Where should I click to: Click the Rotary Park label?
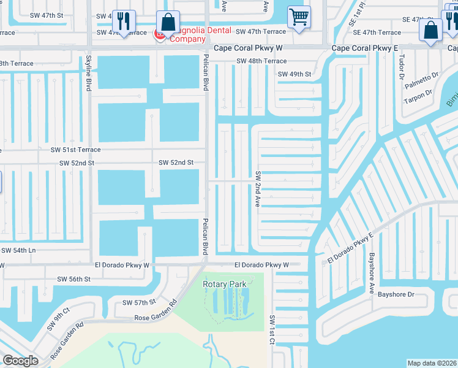(x=225, y=283)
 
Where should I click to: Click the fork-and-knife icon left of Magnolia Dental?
(x=124, y=22)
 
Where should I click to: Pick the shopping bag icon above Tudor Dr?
(x=431, y=28)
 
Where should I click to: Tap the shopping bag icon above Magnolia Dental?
(x=168, y=21)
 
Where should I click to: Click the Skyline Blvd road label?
(x=89, y=73)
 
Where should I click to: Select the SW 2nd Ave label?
(x=258, y=188)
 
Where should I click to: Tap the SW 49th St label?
(x=295, y=74)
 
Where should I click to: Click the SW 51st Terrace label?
(x=75, y=150)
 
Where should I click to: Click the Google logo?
(x=20, y=361)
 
